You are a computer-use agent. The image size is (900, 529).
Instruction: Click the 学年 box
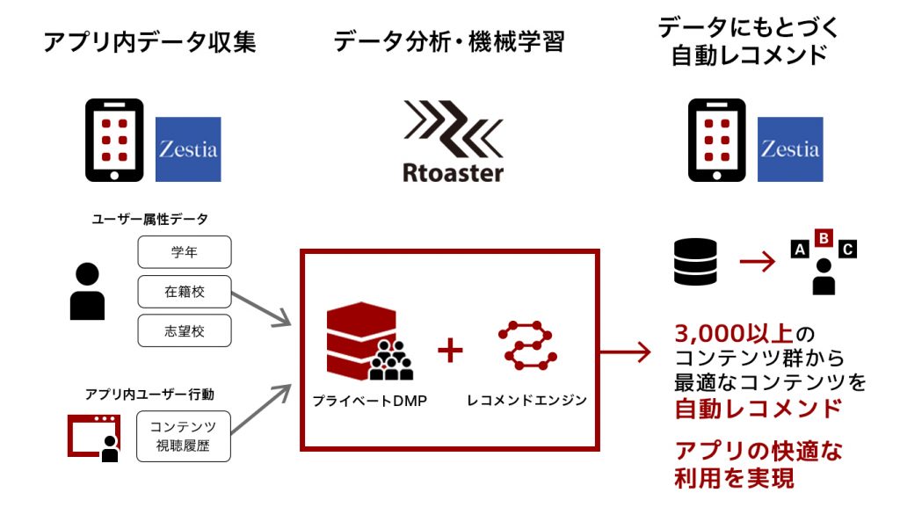(185, 252)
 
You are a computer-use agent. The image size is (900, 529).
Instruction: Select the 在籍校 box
(185, 292)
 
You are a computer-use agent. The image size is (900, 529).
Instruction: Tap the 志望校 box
(185, 330)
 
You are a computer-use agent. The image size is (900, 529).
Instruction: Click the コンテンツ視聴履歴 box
(184, 436)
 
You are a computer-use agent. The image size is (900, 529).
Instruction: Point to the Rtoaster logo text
(453, 173)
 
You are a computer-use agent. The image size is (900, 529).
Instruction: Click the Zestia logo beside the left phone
(188, 149)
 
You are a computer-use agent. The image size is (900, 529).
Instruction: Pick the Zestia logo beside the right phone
(790, 149)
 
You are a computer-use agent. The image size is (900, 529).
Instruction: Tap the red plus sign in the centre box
(450, 350)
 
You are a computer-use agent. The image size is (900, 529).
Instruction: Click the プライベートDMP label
(370, 401)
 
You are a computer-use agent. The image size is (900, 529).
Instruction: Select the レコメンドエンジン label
(527, 400)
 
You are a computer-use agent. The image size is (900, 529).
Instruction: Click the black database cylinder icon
(695, 262)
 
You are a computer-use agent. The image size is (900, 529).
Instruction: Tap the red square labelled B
(824, 237)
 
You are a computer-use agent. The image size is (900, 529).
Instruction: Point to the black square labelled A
(800, 250)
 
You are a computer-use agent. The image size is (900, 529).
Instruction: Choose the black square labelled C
(848, 250)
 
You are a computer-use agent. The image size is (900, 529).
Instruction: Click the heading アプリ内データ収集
(149, 42)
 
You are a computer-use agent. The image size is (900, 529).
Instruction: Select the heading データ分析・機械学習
(449, 42)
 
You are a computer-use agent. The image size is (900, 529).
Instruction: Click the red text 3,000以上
(734, 333)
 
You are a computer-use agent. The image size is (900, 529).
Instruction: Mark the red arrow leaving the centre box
(626, 351)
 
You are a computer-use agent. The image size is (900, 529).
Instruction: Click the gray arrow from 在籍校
(262, 309)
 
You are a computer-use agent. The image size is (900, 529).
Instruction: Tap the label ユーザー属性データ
(149, 219)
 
